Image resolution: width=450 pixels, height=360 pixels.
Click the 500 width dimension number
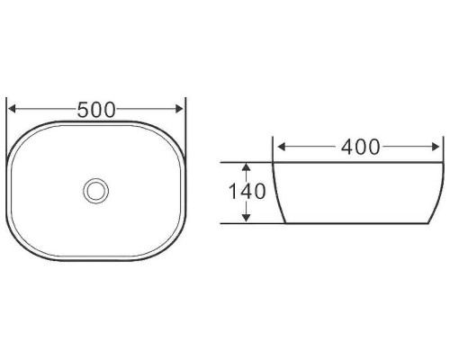96,110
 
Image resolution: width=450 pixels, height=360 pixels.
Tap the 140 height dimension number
247,192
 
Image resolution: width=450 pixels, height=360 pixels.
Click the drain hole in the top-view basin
95,190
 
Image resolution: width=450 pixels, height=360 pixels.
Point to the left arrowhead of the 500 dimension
12,110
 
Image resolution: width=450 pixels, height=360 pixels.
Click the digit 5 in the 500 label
84,110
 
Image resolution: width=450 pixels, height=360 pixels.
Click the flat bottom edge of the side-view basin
360,222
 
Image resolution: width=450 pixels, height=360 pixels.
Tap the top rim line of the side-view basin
360,163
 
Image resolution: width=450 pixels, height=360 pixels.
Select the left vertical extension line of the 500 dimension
7,126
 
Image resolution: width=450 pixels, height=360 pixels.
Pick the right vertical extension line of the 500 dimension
184,126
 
